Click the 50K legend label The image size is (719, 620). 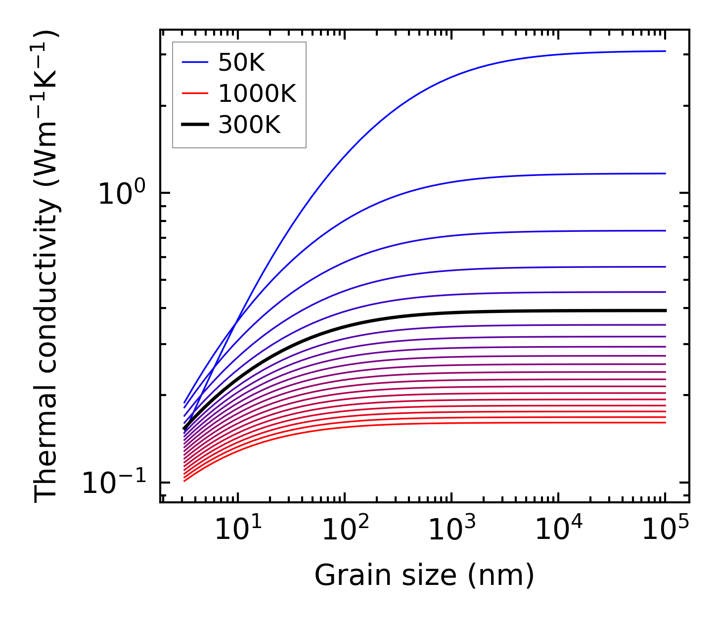[x=242, y=63]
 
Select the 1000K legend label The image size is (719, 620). [x=257, y=94]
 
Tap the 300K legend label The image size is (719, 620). [x=249, y=125]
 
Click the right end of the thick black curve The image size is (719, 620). [x=666, y=310]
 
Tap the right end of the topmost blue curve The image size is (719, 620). [x=666, y=51]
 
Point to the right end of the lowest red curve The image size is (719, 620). [x=666, y=422]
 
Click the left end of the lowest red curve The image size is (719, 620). [x=184, y=481]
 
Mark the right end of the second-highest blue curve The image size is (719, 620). [x=666, y=174]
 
